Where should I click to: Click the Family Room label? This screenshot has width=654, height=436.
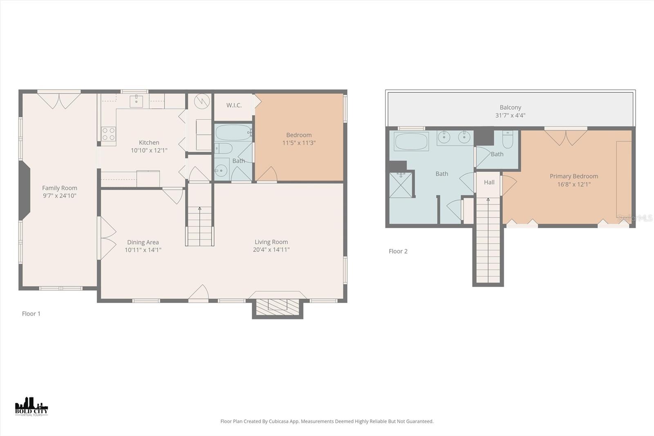[60, 188]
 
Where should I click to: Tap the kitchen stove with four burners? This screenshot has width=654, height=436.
[108, 133]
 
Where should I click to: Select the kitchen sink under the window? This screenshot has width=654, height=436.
[136, 101]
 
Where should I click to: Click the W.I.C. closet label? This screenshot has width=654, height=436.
[234, 106]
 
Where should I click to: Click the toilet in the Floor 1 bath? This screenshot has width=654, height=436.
[223, 148]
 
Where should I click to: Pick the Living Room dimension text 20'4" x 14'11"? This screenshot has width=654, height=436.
[271, 249]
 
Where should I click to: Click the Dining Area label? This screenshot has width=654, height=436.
[143, 242]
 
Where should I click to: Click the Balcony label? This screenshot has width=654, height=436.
[510, 108]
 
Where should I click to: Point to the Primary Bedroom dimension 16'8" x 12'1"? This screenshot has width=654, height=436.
[573, 184]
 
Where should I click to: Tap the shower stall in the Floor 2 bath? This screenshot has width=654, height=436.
[401, 185]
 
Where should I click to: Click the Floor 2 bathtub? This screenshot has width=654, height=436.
[412, 142]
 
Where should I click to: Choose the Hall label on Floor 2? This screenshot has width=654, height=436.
[489, 182]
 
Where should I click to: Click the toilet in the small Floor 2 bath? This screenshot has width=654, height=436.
[508, 139]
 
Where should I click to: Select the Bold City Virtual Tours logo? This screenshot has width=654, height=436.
[31, 407]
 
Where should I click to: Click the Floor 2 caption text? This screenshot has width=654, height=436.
[398, 251]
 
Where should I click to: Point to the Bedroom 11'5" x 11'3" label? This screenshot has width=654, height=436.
[299, 139]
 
